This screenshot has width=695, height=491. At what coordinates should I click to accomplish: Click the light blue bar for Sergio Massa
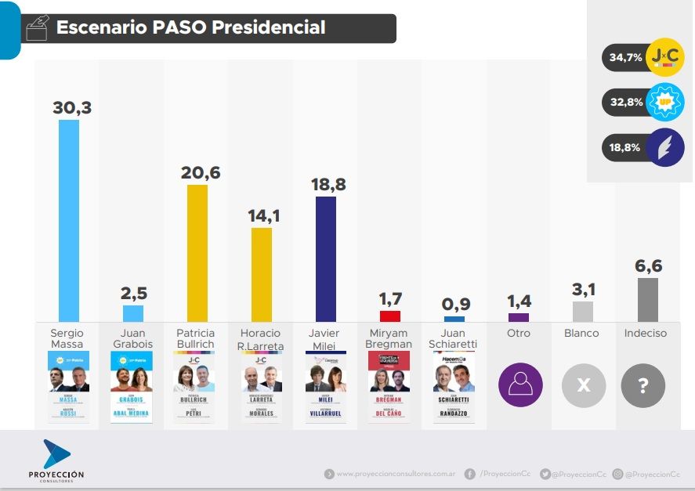[69, 220]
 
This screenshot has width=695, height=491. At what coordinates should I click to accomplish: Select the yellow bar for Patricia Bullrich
[197, 253]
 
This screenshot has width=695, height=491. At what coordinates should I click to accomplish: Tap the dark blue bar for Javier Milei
[325, 258]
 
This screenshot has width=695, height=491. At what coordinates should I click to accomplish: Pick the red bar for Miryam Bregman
[389, 316]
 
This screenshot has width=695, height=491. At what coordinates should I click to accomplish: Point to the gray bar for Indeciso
[647, 299]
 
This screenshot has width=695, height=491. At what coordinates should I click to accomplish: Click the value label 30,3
[72, 108]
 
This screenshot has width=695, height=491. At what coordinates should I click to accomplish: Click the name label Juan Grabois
[132, 338]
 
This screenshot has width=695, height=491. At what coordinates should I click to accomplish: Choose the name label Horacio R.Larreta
[261, 339]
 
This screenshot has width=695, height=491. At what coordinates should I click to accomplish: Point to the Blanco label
[581, 333]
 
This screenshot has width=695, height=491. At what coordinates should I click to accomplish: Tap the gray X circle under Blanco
[583, 385]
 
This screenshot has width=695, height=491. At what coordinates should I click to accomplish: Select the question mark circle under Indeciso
[643, 385]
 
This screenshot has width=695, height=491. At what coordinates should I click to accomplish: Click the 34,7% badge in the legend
[624, 57]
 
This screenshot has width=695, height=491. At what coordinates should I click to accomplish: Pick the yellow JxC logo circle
[665, 57]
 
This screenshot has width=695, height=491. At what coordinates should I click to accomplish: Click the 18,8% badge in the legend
[624, 147]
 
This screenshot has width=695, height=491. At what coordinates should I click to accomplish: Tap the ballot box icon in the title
[37, 28]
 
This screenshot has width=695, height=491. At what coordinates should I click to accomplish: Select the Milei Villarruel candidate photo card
[325, 387]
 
